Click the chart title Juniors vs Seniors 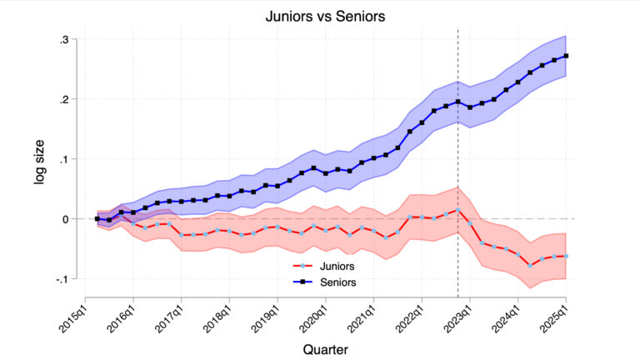click(319, 15)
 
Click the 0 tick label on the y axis click(65, 219)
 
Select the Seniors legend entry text click(340, 282)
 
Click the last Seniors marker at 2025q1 click(567, 56)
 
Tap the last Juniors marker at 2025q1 click(567, 256)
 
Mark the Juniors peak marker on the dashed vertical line click(458, 210)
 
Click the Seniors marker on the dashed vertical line click(458, 102)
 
